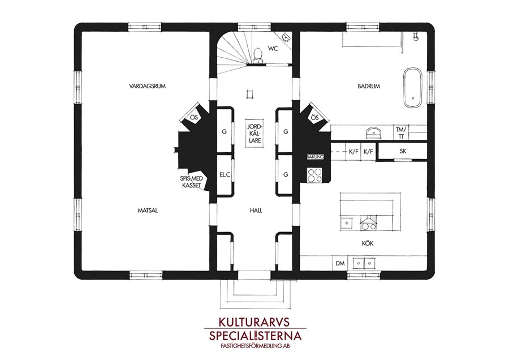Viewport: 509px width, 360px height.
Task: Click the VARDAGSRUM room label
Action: tap(148, 86)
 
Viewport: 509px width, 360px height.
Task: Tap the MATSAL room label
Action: tap(148, 211)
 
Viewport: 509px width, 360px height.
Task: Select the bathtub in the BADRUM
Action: tap(413, 88)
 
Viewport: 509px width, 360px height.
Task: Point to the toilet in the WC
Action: tap(258, 55)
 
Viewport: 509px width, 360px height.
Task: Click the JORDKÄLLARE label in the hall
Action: tap(255, 133)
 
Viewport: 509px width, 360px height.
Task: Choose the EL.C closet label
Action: tap(225, 174)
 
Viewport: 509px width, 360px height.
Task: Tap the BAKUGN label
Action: tap(315, 157)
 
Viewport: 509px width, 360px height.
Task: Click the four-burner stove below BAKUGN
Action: tap(314, 175)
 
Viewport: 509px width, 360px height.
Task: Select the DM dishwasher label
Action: tap(340, 263)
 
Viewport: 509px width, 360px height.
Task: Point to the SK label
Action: tap(403, 151)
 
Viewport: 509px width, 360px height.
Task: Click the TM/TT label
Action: tap(401, 133)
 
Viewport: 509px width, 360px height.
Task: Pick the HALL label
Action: tap(256, 211)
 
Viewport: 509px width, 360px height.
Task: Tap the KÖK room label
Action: tap(368, 243)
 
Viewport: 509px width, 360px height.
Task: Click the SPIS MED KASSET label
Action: tap(192, 182)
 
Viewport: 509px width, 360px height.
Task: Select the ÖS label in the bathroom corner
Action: tap(315, 118)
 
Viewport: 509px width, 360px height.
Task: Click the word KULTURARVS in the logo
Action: tap(254, 322)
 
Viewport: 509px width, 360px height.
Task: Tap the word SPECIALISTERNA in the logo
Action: tap(255, 336)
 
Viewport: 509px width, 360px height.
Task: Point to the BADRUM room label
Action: tap(369, 86)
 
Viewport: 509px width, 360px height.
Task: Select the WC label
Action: tap(273, 49)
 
